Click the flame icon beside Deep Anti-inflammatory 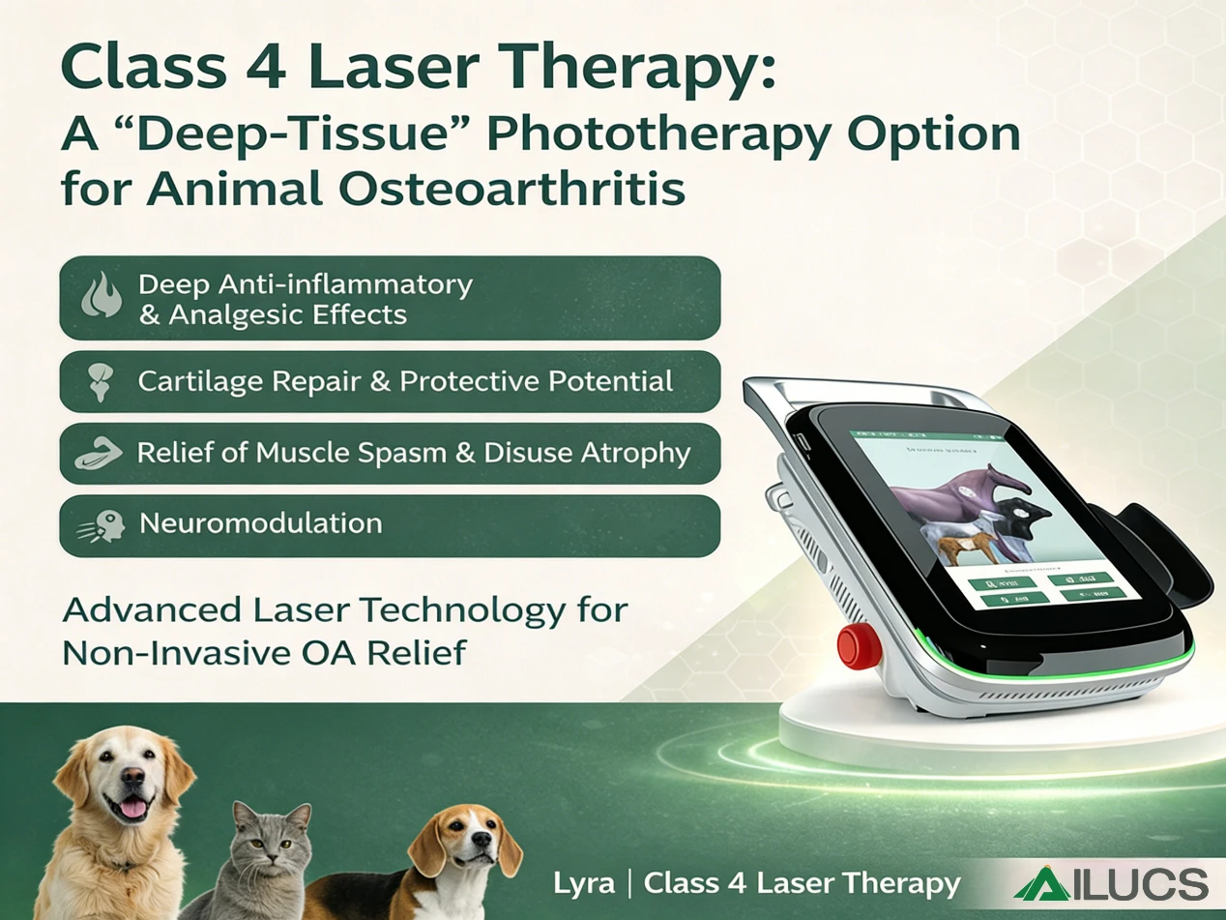[x=100, y=298]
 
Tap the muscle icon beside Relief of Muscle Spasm [x=99, y=454]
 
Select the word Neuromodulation [x=260, y=524]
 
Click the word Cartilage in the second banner [x=200, y=381]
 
